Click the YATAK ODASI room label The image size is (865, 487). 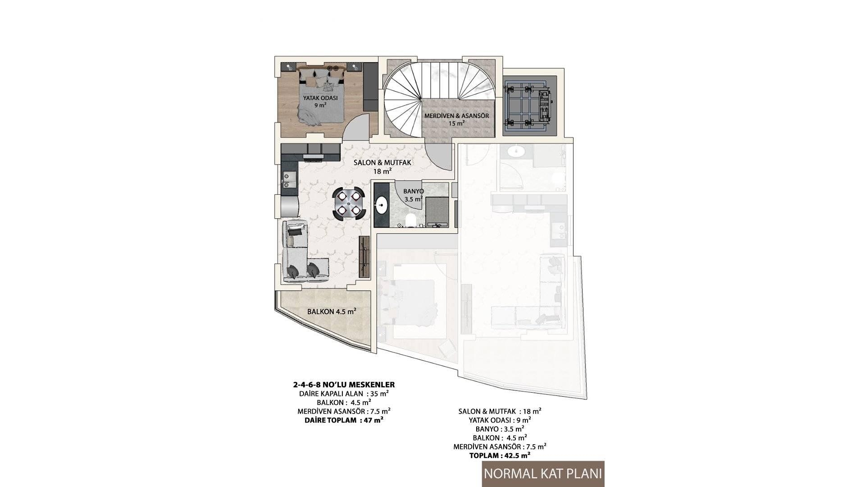320,98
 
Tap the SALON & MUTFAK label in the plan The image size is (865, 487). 382,162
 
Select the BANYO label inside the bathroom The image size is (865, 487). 410,191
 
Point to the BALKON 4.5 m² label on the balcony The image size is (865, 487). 332,312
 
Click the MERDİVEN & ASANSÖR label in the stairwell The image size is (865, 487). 456,116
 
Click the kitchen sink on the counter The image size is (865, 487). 288,179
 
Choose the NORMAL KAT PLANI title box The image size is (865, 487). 543,474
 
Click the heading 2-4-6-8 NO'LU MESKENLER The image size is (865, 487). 344,385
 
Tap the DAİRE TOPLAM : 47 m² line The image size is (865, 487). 344,420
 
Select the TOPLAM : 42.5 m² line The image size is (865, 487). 500,455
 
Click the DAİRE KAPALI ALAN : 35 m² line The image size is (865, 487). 344,394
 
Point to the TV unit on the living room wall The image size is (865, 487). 364,257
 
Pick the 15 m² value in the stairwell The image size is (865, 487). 456,124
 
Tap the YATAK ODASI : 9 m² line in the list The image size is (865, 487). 500,420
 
